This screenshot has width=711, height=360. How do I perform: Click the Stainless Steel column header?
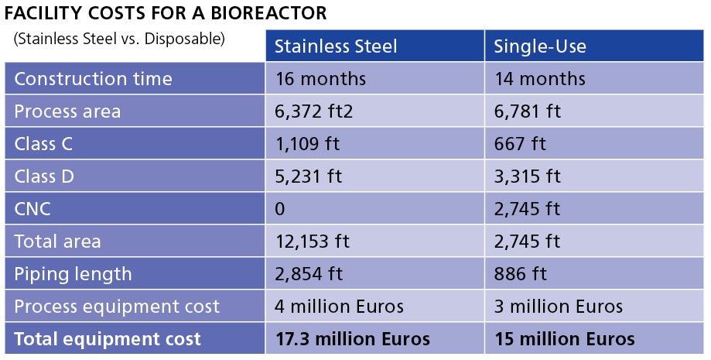[336, 46]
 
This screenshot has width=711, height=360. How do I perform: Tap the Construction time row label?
[93, 79]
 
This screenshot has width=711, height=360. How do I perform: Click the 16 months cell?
[320, 79]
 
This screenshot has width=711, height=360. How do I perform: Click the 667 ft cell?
[520, 144]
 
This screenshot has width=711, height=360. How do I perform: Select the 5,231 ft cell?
[308, 177]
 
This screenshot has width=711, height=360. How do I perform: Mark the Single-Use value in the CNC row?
[527, 209]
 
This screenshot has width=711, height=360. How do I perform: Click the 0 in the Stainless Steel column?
[280, 209]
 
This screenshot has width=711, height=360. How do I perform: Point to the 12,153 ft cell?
[313, 242]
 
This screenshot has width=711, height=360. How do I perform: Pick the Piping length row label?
[73, 274]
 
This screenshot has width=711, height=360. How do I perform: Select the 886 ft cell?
[520, 274]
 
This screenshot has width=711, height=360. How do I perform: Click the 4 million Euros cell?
[339, 307]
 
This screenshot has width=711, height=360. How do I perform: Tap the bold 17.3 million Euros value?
[353, 339]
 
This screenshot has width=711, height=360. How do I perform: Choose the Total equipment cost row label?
[108, 339]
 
